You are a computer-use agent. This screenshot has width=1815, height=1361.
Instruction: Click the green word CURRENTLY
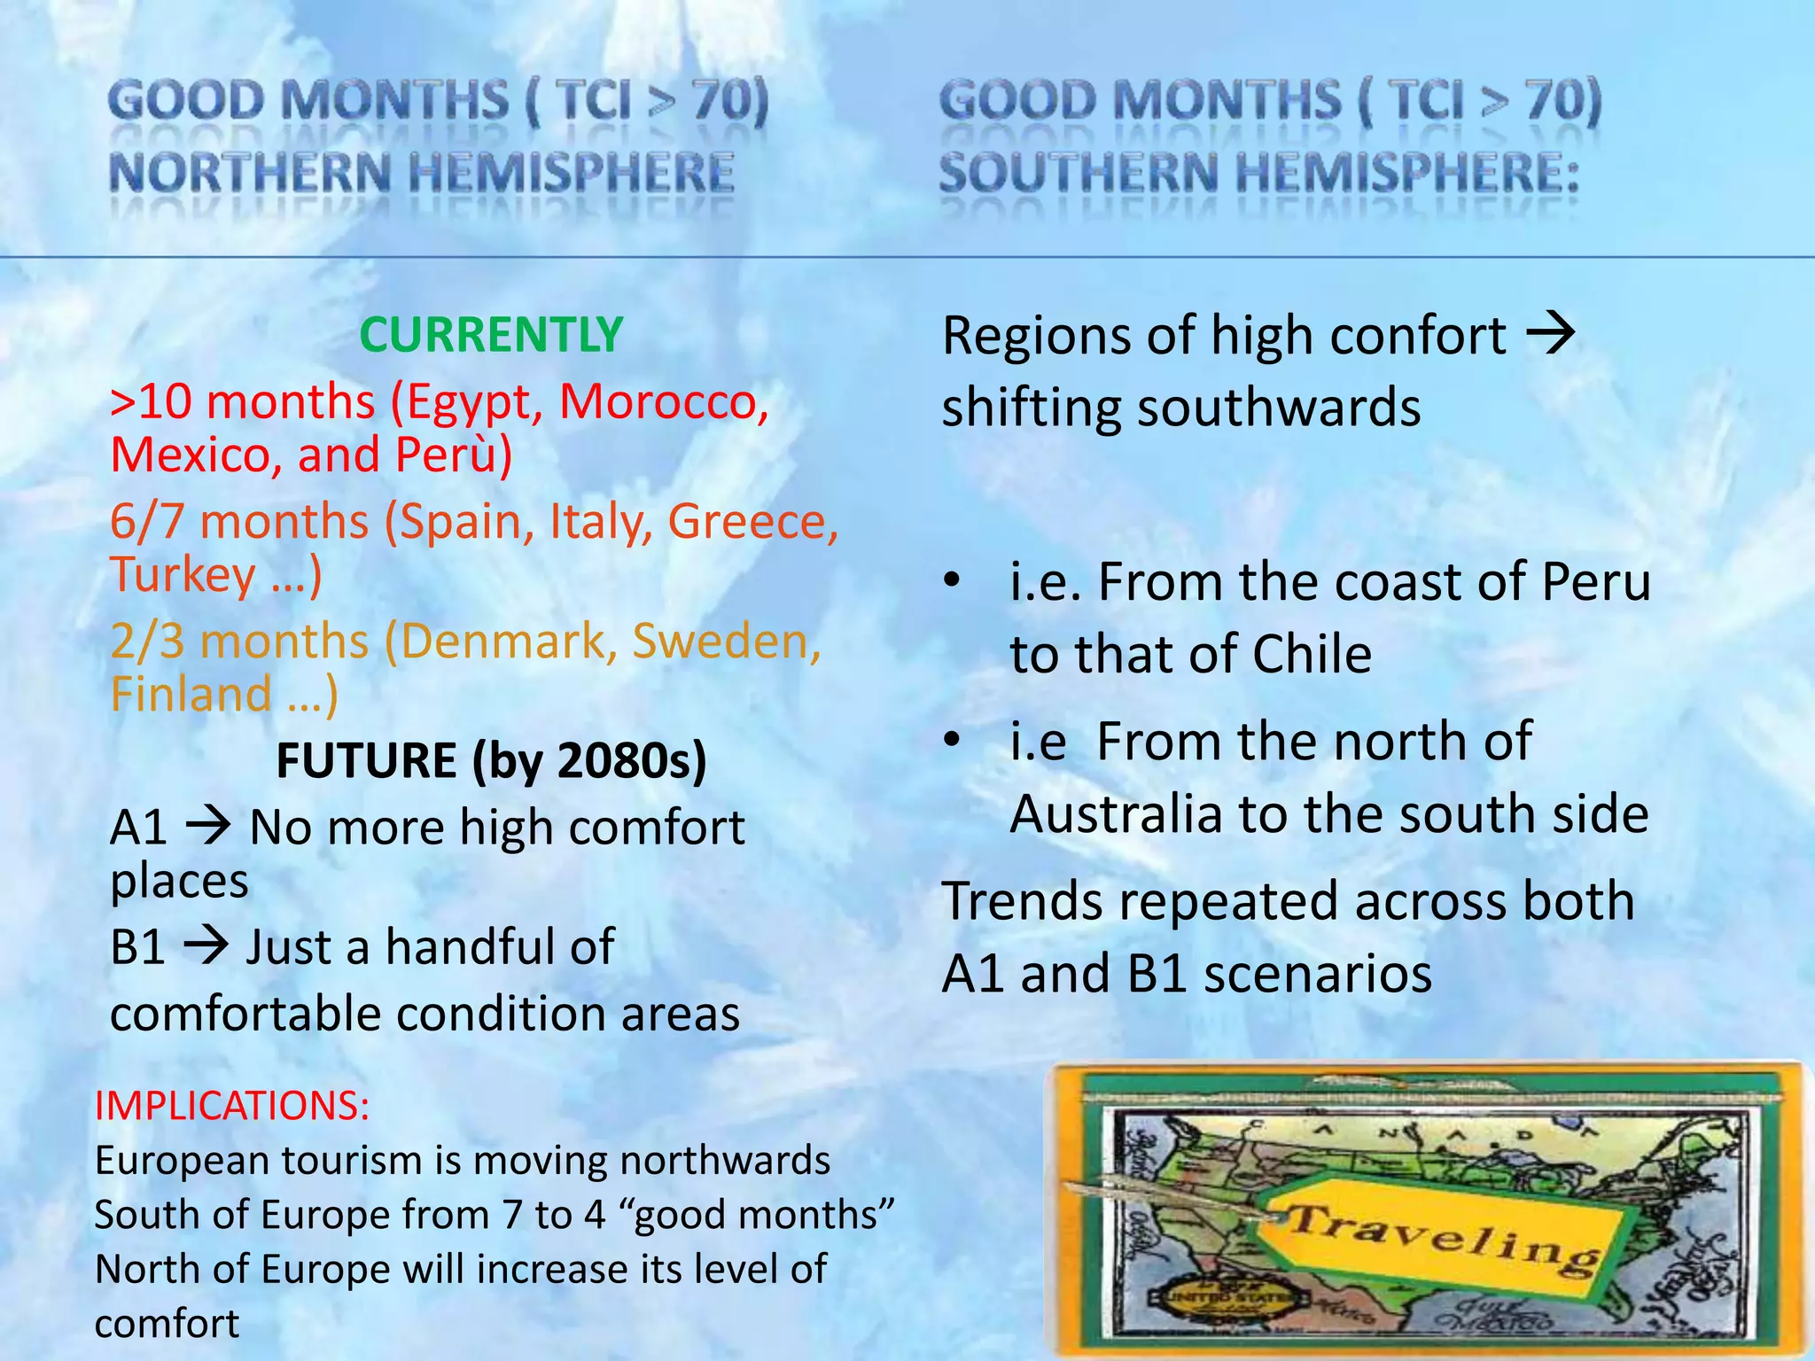click(491, 335)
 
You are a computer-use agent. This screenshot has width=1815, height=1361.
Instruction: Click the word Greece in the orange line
click(752, 521)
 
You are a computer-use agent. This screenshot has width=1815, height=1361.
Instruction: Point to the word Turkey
click(183, 575)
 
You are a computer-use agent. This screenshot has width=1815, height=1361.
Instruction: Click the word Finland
click(191, 694)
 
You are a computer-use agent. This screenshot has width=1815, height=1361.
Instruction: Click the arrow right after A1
click(208, 826)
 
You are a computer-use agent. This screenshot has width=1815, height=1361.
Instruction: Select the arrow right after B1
click(206, 945)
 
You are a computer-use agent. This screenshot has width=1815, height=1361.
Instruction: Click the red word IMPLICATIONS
click(231, 1106)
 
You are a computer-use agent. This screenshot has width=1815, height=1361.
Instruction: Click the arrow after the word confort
click(1551, 335)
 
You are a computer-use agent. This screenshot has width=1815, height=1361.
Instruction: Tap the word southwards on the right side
click(1279, 408)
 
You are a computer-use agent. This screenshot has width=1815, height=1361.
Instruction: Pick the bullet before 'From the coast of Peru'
click(952, 581)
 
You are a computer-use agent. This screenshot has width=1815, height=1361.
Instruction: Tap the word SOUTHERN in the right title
click(1078, 173)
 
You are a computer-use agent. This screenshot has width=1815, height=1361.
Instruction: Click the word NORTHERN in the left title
click(249, 173)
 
